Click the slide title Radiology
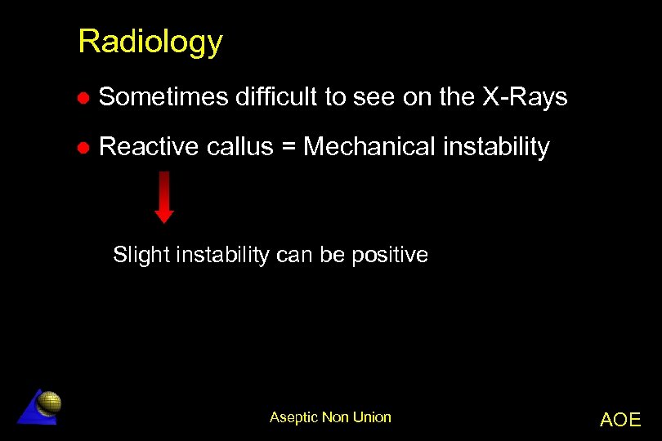pos(150,42)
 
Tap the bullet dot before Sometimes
pos(83,98)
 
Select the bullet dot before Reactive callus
pos(83,148)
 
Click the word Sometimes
pos(163,98)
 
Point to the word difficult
pos(276,98)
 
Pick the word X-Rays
pos(524,98)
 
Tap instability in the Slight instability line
pos(216,255)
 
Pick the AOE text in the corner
pos(620,420)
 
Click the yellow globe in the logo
pos(50,401)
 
